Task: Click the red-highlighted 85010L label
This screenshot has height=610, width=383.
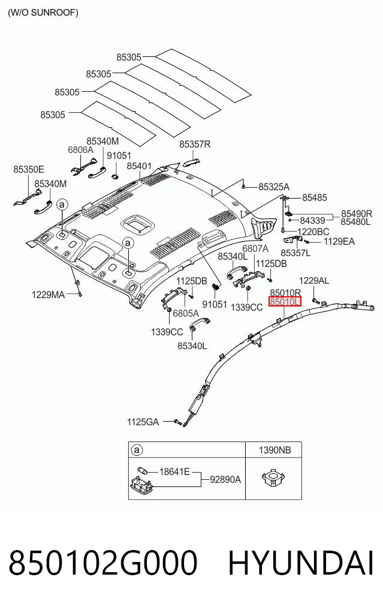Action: pos(285,302)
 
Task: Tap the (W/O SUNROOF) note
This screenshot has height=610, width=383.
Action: pos(43,13)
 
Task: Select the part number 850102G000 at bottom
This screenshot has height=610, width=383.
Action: pos(103,563)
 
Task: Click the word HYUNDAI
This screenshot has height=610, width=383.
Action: pos(300,563)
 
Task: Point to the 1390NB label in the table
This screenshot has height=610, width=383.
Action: pos(275,450)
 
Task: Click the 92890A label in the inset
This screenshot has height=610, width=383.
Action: pos(225,480)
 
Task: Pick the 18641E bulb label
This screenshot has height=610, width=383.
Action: pos(174,472)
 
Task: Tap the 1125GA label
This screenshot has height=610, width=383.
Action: pos(143,422)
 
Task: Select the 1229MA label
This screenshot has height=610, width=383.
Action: pos(48,295)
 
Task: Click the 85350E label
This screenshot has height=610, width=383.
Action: pos(29,170)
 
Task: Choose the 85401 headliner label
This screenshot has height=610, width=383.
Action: pos(139,166)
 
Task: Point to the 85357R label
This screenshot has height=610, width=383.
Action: pos(195,145)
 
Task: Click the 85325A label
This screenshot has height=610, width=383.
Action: pos(274,187)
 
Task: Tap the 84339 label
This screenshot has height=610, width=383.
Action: pos(312,221)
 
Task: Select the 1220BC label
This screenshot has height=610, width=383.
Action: pos(313,232)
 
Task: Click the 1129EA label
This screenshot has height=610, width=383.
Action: pos(339,242)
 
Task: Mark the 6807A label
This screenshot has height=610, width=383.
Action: pos(255,248)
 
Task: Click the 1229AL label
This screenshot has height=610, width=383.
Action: pos(314,280)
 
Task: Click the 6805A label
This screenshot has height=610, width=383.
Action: pos(186,313)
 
